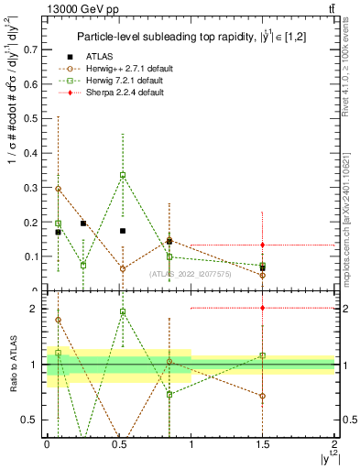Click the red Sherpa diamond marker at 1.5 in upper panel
click(x=263, y=245)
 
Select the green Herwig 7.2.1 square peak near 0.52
click(x=123, y=175)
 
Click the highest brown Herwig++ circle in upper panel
click(x=59, y=189)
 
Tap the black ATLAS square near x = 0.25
click(x=83, y=223)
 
